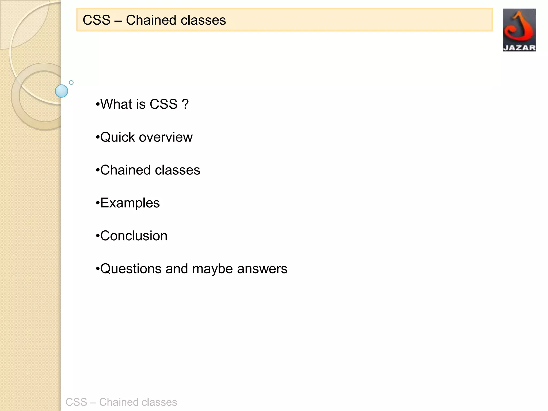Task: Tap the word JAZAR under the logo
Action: point(519,48)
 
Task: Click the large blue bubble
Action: point(62,91)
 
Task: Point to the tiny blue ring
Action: point(71,82)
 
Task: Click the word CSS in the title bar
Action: point(96,20)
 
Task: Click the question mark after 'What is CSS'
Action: point(185,104)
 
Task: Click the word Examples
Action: point(130,203)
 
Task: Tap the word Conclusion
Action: point(134,236)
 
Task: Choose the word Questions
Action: point(131,269)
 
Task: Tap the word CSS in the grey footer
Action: point(76,402)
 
